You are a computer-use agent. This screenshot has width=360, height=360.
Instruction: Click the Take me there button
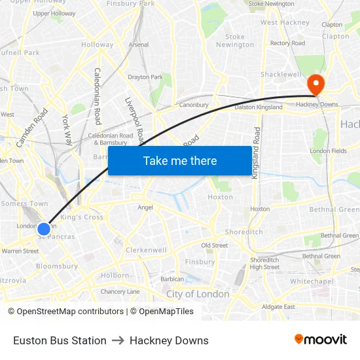coord(179,160)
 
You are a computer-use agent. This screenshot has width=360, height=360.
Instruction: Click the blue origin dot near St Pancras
coord(44,228)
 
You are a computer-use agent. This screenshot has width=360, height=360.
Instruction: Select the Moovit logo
coord(321,339)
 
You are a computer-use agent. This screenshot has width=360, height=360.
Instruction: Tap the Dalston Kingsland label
coord(259,107)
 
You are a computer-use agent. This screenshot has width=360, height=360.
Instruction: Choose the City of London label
coord(198,294)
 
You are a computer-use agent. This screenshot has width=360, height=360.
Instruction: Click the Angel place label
coord(145,207)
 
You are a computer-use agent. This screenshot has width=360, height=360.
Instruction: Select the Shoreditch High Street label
coord(264,263)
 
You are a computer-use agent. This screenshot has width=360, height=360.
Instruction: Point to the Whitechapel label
coord(312,281)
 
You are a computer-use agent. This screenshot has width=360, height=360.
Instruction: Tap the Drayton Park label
coord(145,77)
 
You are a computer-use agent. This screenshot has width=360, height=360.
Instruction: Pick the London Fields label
coord(329,151)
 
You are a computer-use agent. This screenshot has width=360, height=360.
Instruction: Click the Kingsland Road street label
coord(256,151)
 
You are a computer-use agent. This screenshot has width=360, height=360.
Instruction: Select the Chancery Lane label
coord(120,291)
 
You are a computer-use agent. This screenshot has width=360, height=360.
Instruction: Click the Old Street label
coord(214,245)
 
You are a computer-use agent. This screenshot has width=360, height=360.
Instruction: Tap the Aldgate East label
coord(278,306)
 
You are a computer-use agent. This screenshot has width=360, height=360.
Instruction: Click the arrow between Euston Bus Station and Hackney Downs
coord(118,340)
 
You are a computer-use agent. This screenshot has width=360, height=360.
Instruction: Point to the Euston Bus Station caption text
coord(60,340)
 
